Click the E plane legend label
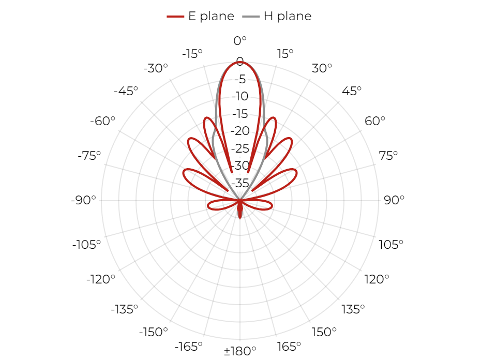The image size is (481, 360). (211, 16)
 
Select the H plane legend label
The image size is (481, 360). (288, 16)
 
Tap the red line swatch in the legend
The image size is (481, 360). (175, 17)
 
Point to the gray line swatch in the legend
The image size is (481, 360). (251, 17)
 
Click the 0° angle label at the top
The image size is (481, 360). (240, 41)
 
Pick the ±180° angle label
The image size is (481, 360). (240, 351)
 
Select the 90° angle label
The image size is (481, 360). (394, 200)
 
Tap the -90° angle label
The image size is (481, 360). (83, 200)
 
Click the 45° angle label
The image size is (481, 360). (352, 91)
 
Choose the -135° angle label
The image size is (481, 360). (125, 309)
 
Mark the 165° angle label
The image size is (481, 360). (289, 347)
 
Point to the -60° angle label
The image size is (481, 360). (102, 121)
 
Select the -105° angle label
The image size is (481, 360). (86, 245)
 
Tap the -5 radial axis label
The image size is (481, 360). (240, 79)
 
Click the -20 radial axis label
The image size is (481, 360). (240, 131)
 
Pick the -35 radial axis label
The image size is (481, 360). (240, 183)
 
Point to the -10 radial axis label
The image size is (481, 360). (240, 96)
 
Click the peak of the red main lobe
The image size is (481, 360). (240, 62)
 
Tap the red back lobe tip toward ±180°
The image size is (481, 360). (240, 218)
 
